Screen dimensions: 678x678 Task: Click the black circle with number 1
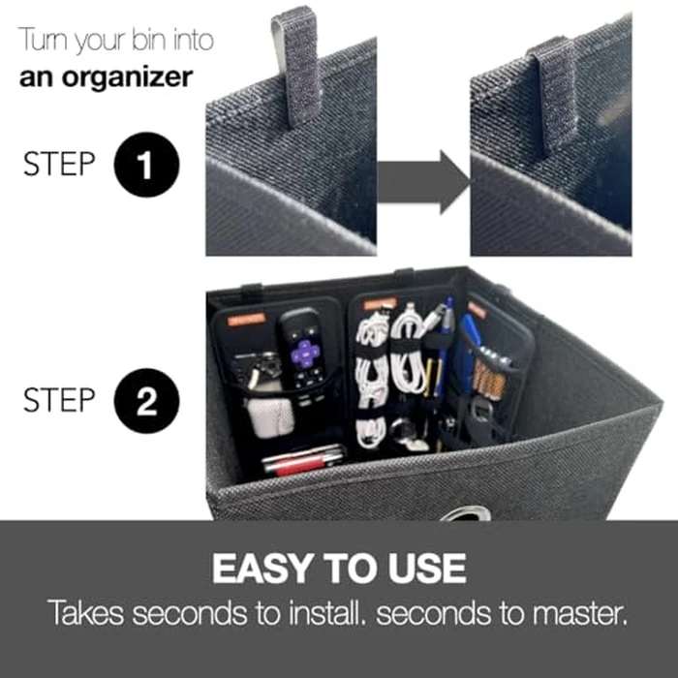pyautogui.click(x=144, y=167)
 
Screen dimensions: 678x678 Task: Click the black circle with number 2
pyautogui.click(x=144, y=402)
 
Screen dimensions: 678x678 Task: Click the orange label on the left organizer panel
pyautogui.click(x=248, y=318)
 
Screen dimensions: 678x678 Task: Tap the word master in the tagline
pyautogui.click(x=572, y=613)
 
